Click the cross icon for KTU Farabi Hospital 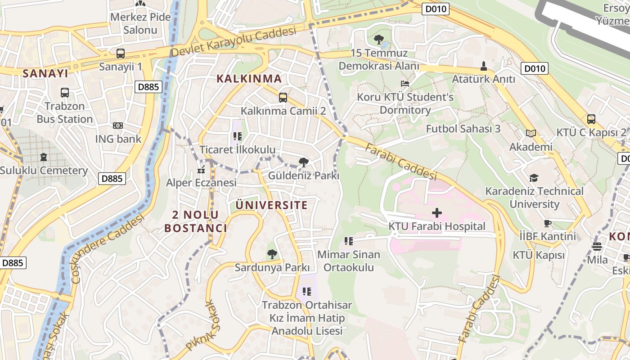[x=436, y=212]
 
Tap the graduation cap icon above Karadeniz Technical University [x=534, y=178]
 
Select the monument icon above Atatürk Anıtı [x=484, y=66]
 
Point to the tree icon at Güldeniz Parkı [x=304, y=162]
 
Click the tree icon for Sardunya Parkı [x=272, y=254]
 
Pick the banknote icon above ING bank [x=118, y=126]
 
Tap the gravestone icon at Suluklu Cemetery [x=44, y=157]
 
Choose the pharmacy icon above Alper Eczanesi [x=201, y=170]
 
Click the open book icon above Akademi [x=531, y=134]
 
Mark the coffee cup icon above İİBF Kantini [x=548, y=223]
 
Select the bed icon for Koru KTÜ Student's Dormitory [x=405, y=84]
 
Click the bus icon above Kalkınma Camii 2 [x=283, y=97]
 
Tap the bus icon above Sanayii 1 [x=121, y=54]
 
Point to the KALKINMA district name [x=249, y=79]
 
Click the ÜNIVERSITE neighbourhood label [x=272, y=206]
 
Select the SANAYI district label [x=45, y=74]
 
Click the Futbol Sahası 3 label [x=463, y=129]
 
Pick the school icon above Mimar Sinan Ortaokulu [x=348, y=241]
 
